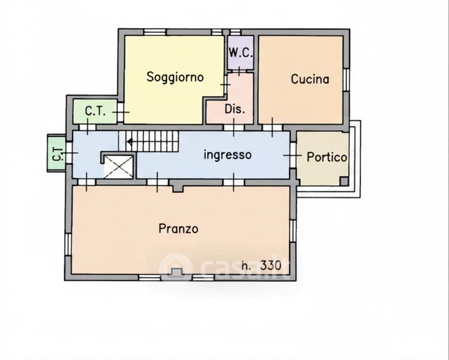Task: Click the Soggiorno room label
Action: coord(175,77)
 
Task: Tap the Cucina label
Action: coord(310,79)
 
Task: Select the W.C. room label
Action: coord(241,53)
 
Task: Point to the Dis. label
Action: coord(235,109)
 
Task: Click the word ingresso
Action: coord(228,155)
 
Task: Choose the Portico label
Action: coord(327,157)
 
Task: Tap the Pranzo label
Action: coord(179,229)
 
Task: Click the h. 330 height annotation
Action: coord(261,266)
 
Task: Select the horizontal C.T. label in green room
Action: coord(95,111)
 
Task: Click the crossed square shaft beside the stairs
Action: coord(119,167)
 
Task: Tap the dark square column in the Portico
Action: coord(344,181)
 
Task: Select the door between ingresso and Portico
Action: coord(293,155)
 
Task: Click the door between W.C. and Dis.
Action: coord(239,71)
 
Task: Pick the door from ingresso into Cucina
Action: coord(272,127)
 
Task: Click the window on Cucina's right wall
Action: coord(346,80)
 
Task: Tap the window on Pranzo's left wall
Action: coord(68,244)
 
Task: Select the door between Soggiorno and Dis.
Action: coord(225,85)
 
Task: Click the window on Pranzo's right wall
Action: coord(293,231)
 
